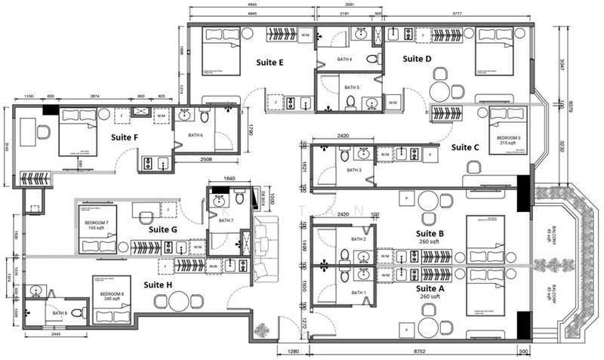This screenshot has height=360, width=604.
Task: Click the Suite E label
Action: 270,63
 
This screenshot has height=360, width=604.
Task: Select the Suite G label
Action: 162,229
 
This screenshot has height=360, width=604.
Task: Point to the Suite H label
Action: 159,285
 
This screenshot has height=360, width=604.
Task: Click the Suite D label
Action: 417,59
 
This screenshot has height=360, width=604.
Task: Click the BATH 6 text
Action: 196,135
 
